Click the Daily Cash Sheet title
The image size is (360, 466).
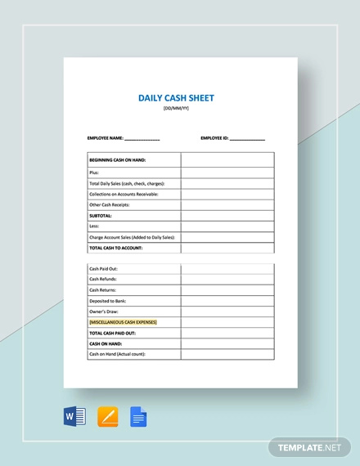177,98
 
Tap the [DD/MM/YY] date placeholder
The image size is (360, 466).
177,110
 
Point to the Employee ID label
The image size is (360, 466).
214,138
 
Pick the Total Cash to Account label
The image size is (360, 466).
116,248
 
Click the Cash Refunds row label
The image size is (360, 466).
104,280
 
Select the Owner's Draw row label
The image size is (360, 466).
105,311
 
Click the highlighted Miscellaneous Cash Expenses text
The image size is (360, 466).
123,322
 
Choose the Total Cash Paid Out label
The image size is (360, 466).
112,333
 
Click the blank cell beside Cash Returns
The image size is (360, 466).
227,290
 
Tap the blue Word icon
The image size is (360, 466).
74,417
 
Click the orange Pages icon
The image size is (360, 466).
107,417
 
